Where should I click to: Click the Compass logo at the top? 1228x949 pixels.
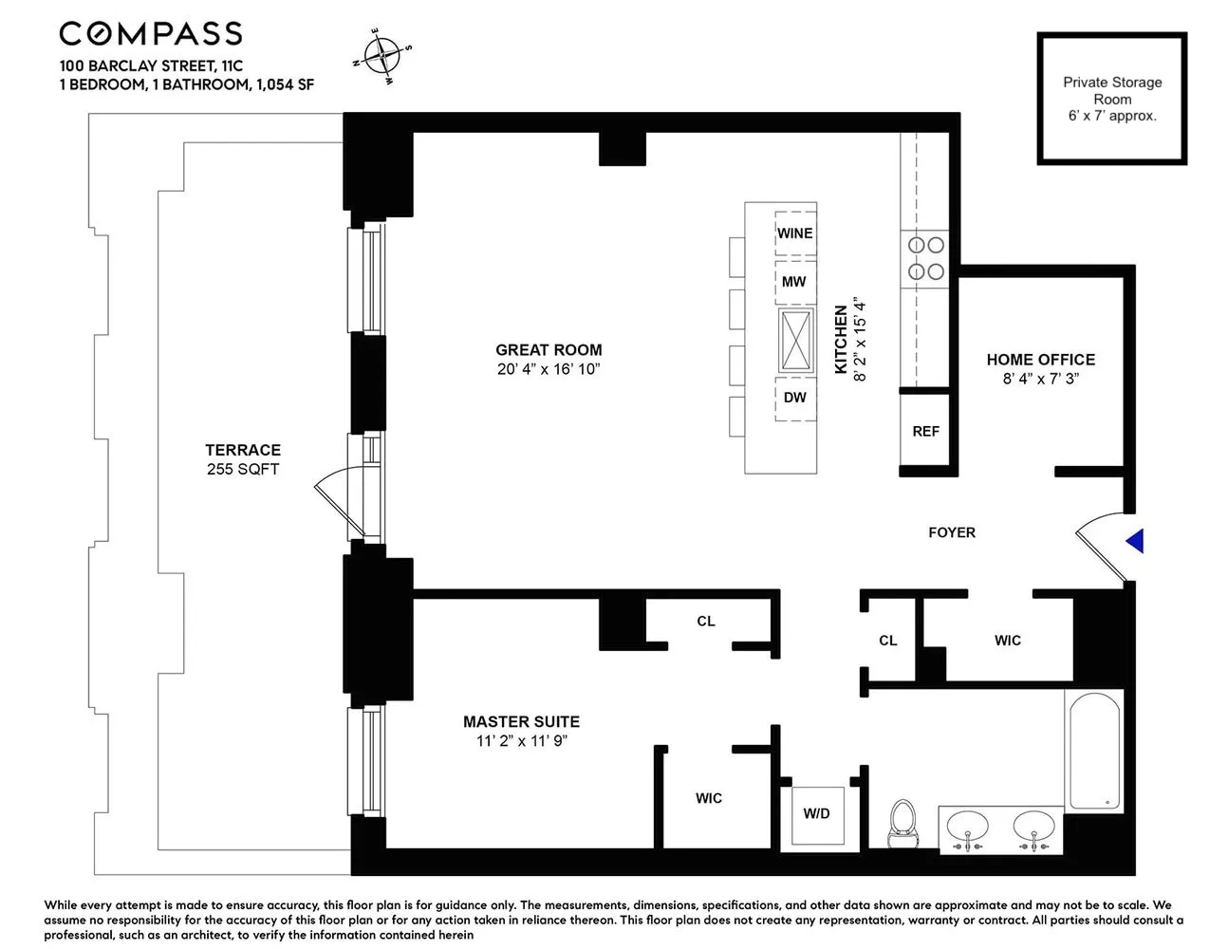151,34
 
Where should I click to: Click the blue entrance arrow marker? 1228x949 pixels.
1135,541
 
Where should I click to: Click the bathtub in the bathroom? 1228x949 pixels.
1094,751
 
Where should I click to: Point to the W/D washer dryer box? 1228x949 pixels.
816,814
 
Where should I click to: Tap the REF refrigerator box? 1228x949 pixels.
925,431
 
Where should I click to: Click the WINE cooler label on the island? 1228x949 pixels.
794,233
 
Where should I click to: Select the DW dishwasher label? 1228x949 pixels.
794,398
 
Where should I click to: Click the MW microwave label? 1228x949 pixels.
794,282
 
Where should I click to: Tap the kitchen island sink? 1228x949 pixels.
795,340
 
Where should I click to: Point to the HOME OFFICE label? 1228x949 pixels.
1040,360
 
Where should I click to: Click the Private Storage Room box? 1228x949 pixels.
1111,99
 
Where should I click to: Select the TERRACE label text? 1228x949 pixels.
243,450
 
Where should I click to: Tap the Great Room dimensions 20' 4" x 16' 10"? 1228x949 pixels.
549,369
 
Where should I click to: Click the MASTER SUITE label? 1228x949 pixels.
521,722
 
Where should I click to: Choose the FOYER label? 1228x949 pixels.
951,532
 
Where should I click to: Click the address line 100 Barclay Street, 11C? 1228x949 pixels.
151,66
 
